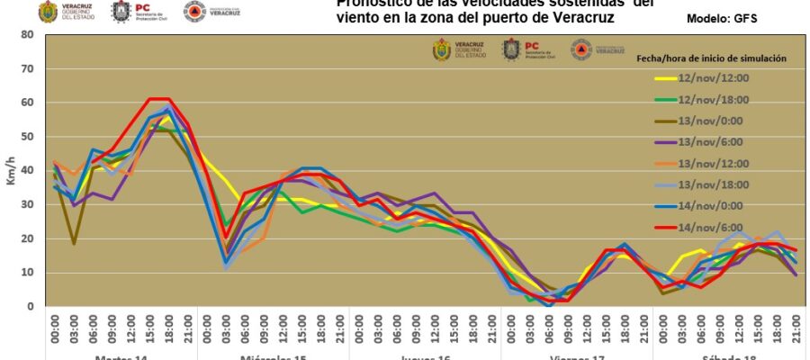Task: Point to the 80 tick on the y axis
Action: coord(28,35)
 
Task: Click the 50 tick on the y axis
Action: coord(28,137)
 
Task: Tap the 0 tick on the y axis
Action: coord(31,307)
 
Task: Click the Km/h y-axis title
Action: coord(11,171)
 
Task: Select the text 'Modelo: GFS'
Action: coord(720,18)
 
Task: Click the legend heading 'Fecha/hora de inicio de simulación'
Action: coord(711,58)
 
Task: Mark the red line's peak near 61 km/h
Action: coord(158,98)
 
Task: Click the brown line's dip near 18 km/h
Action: coord(74,243)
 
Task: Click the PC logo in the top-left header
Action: coord(121,12)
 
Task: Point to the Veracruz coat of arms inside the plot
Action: coord(442,50)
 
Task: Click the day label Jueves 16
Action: coord(424,357)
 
